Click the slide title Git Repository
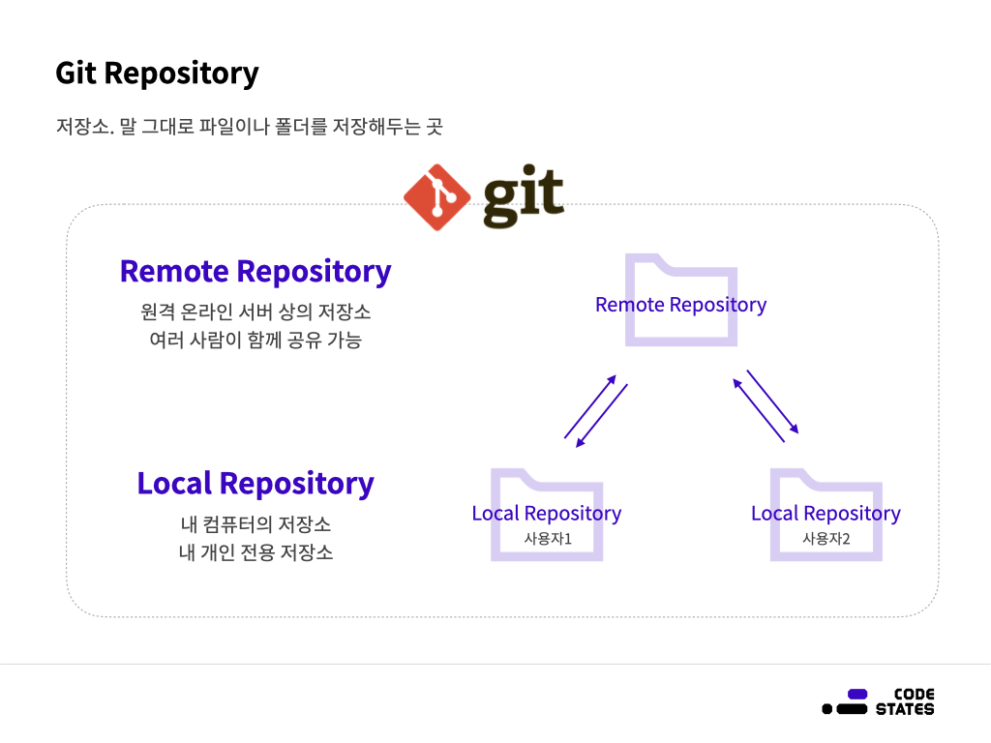point(157,74)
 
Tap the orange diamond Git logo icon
point(436,197)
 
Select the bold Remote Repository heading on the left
point(255,272)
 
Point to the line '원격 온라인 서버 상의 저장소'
point(255,312)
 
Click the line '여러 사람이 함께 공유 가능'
point(255,341)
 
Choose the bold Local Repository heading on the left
point(255,483)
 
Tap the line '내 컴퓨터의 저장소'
point(255,524)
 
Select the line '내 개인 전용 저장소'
point(255,553)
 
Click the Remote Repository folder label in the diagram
point(680,305)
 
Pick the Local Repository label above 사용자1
point(547,514)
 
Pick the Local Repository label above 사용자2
point(826,514)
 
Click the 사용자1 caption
point(548,539)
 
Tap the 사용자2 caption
point(826,539)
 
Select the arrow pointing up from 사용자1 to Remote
point(590,406)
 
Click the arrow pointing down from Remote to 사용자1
point(602,416)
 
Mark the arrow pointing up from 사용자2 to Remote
point(759,410)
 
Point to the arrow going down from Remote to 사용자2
point(772,401)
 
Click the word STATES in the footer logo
point(905,709)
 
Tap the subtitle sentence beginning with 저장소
point(249,127)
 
